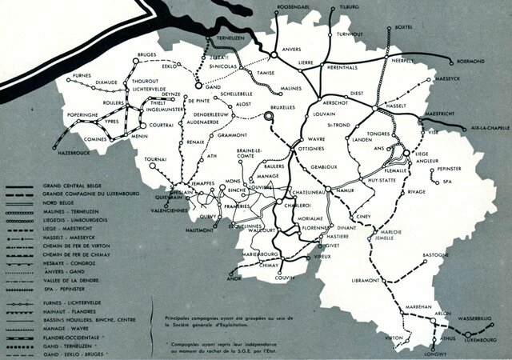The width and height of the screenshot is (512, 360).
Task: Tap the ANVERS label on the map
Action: pyautogui.click(x=292, y=50)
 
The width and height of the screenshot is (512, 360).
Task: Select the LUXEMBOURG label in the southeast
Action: pyautogui.click(x=478, y=340)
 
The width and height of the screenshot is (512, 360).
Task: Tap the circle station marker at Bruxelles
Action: pyautogui.click(x=270, y=117)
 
